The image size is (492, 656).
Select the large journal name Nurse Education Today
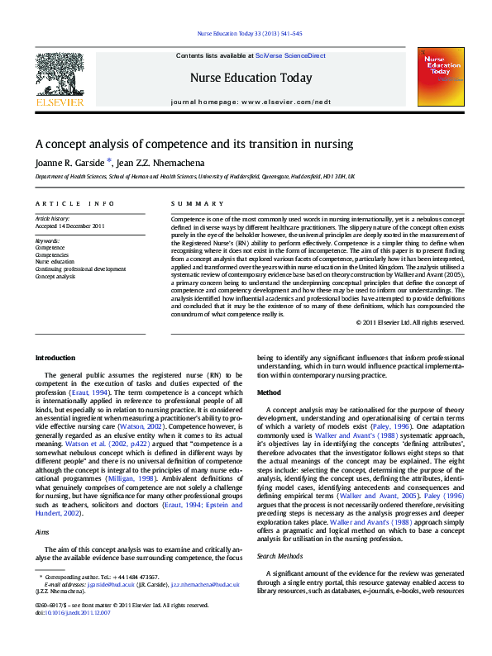pos(251,78)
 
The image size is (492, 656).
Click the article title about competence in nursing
pos(193,144)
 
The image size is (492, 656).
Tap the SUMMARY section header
pos(189,203)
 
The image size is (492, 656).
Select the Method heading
pos(270,392)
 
